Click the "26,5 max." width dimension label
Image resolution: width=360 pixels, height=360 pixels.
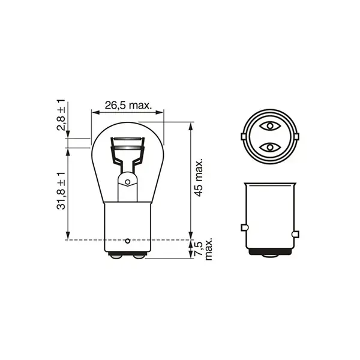127,105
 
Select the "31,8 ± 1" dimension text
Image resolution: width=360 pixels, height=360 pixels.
61,191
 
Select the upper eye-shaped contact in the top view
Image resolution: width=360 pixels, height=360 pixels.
269,126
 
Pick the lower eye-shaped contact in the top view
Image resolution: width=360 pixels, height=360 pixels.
269,147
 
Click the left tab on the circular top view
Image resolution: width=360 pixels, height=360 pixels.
242,136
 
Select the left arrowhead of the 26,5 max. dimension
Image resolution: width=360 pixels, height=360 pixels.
94,111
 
